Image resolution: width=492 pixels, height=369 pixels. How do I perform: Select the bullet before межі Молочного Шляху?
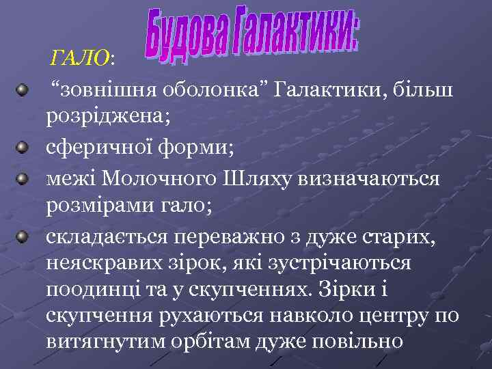[x=24, y=178]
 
